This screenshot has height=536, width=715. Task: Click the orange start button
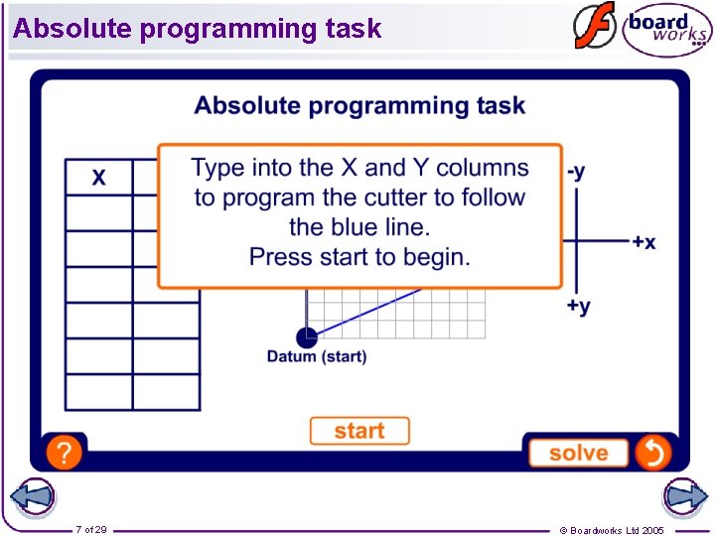tap(358, 431)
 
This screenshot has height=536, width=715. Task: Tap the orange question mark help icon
tap(64, 454)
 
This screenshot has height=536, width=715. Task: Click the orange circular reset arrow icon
tap(653, 453)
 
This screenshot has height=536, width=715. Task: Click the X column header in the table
tap(99, 178)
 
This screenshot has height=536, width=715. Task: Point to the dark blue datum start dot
tap(307, 337)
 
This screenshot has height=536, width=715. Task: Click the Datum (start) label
tap(316, 357)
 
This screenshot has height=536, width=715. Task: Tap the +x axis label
tap(643, 242)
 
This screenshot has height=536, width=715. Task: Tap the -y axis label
tap(576, 172)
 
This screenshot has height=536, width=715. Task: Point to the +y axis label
tap(578, 307)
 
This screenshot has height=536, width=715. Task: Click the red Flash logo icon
tap(594, 27)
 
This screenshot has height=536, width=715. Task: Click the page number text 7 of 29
tap(91, 530)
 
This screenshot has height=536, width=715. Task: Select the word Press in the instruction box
tap(278, 257)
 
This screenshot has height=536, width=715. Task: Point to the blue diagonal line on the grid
tap(367, 310)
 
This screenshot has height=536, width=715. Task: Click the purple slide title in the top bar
tap(197, 28)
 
